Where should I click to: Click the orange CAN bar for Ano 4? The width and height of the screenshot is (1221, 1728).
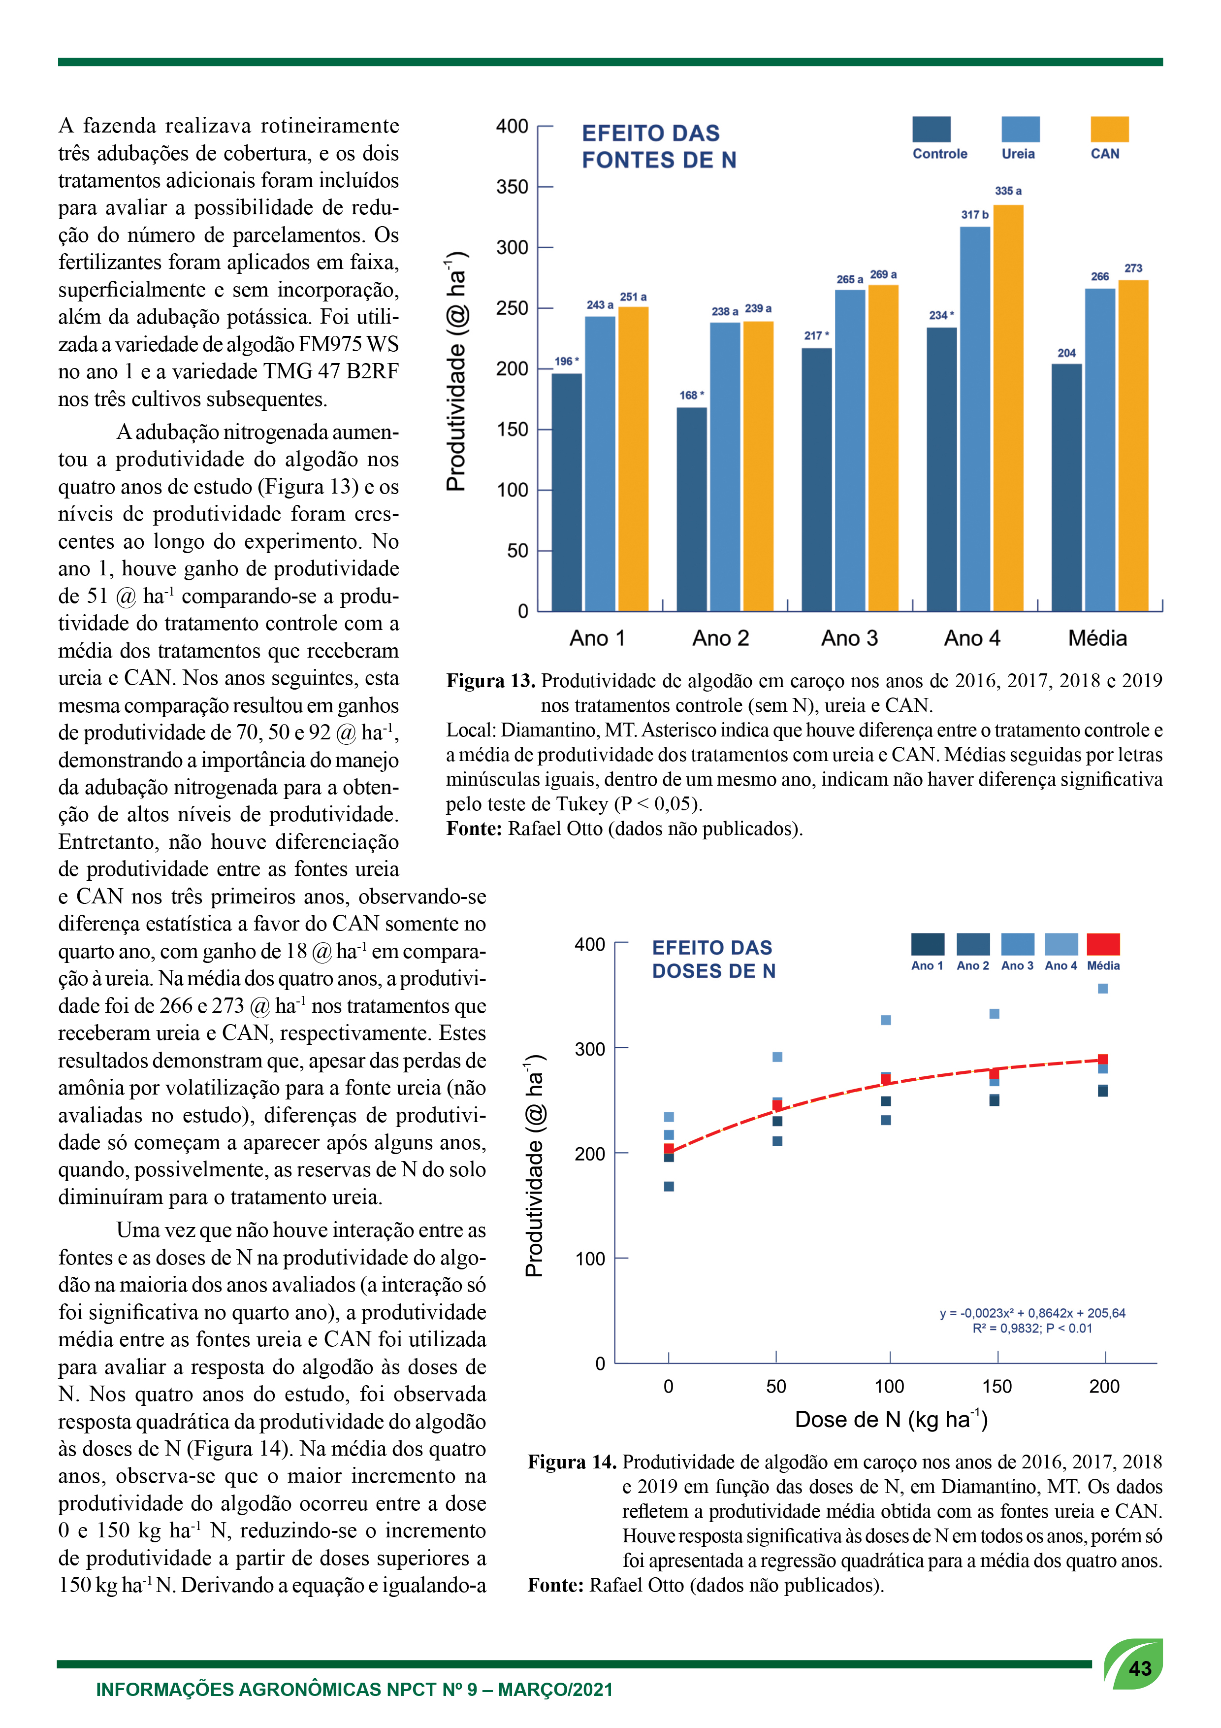coord(1008,407)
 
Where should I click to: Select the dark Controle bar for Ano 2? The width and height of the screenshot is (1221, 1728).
coord(691,509)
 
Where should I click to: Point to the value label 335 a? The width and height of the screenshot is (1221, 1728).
coord(1008,191)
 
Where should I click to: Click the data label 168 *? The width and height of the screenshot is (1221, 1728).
coord(691,395)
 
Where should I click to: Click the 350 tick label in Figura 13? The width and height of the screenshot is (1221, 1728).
coord(513,187)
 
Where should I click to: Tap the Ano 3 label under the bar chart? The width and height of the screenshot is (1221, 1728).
coord(849,638)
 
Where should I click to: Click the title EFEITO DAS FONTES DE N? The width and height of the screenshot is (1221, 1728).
coord(659,147)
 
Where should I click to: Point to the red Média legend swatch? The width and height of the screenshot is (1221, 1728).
coord(1104,944)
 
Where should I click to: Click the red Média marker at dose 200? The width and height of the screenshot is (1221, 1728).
coord(1103,1060)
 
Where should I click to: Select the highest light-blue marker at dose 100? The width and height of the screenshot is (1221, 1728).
coord(886,1020)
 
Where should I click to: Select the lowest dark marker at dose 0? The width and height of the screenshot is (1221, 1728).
coord(669,1186)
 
